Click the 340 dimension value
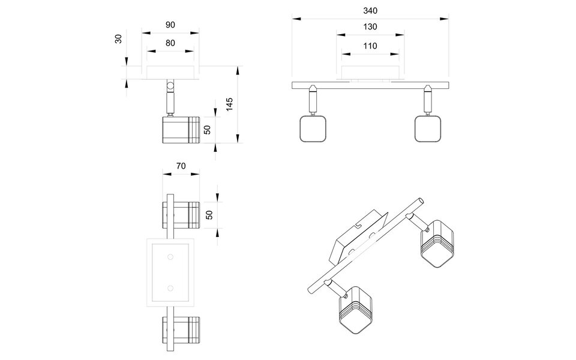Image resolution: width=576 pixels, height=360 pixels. [370, 11]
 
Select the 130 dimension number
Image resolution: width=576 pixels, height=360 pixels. [370, 27]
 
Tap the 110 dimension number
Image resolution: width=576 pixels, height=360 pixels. [370, 46]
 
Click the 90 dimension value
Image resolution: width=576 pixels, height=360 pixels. [170, 25]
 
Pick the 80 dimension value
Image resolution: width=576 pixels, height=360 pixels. [170, 43]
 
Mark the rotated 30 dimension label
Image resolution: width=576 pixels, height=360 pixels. [119, 39]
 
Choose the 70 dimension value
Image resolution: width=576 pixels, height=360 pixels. [181, 166]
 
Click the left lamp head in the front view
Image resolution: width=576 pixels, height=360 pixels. [313, 129]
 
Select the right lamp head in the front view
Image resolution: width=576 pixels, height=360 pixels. [428, 129]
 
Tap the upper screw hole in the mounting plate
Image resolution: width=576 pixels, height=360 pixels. [170, 257]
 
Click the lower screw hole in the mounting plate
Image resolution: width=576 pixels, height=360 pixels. [170, 288]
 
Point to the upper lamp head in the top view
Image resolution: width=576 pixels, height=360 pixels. [181, 215]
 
